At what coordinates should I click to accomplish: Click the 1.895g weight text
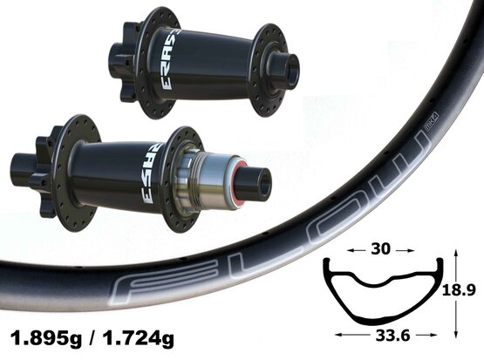[x=46, y=338]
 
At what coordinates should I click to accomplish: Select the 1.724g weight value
[x=139, y=338]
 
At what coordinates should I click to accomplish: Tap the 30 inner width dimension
[x=380, y=249]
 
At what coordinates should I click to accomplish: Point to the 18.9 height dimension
[x=459, y=290]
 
